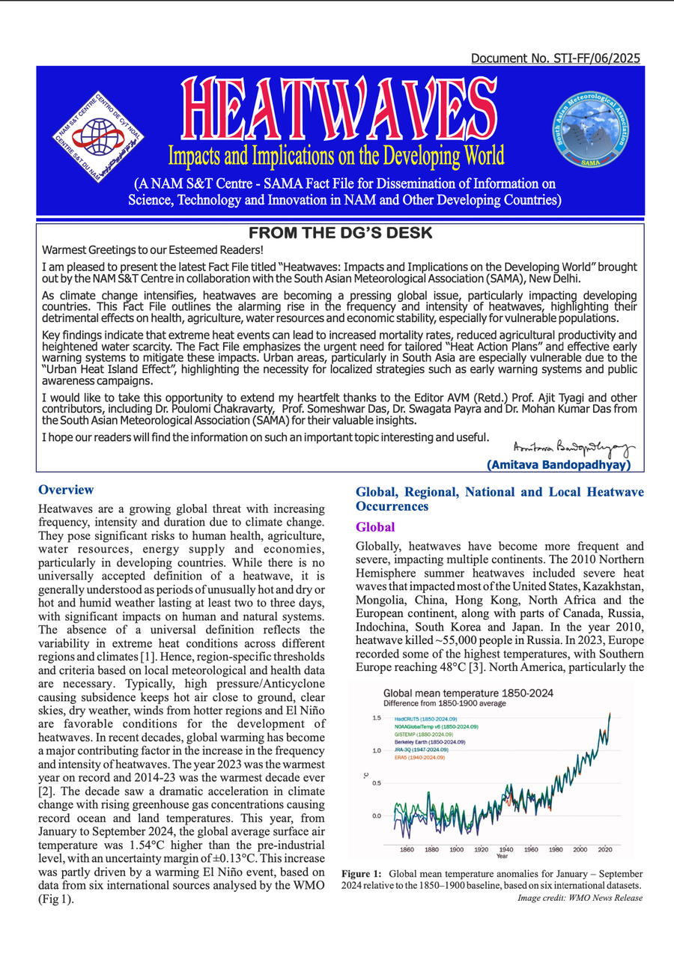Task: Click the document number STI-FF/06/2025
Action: coord(556,58)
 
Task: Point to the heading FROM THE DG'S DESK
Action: coord(340,233)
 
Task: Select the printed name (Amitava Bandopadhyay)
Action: coord(560,464)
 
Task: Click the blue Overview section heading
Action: coord(66,490)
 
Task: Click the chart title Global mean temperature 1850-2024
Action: coord(468,693)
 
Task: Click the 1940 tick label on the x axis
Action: coord(506,850)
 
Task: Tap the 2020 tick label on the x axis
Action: coord(605,850)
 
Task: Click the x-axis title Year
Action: coord(501,856)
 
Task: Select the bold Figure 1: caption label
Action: coord(363,874)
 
